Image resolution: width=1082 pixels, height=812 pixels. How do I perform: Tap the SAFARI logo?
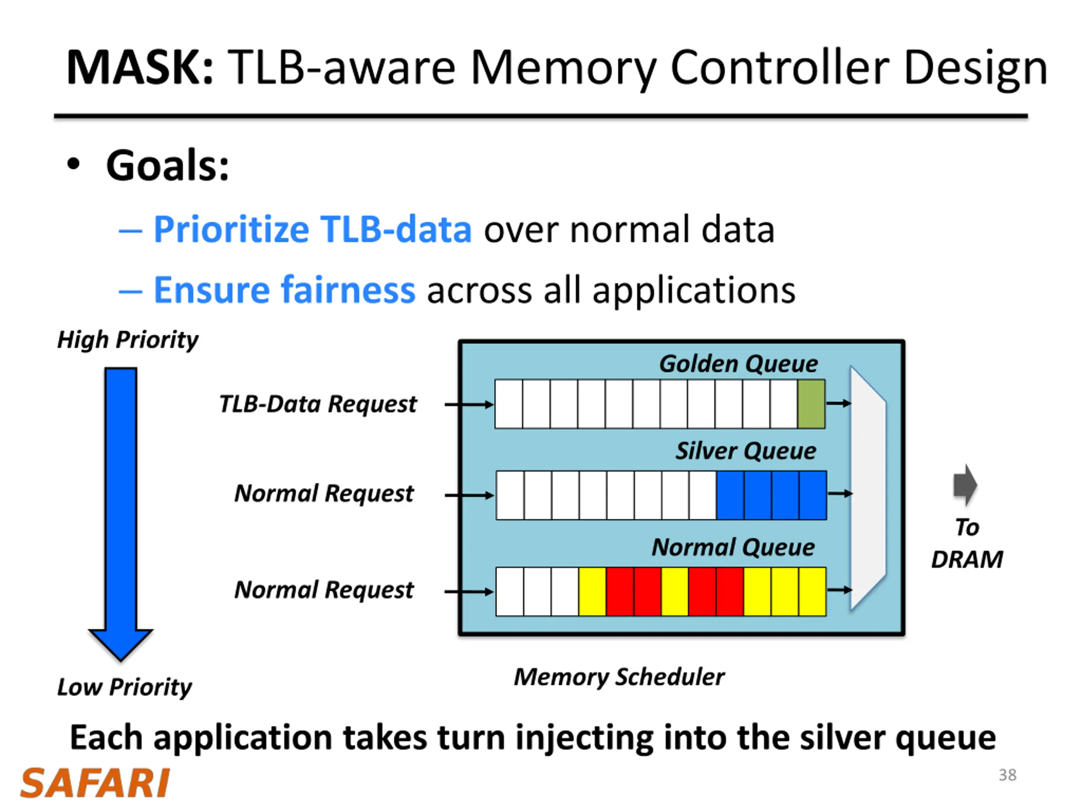(x=95, y=783)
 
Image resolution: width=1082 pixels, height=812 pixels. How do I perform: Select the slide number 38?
(x=1007, y=775)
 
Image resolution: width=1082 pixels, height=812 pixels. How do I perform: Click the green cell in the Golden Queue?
(x=811, y=404)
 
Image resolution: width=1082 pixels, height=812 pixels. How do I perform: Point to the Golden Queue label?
(x=738, y=364)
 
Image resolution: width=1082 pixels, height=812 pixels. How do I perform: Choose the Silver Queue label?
(x=746, y=451)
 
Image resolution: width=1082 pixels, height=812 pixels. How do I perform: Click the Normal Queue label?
(x=733, y=547)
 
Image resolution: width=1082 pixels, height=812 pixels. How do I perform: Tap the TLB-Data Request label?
(x=318, y=404)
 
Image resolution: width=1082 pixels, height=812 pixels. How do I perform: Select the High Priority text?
(x=128, y=340)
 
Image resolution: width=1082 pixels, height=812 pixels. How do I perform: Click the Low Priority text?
(x=124, y=687)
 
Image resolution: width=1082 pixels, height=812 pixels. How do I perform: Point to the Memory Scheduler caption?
(x=619, y=677)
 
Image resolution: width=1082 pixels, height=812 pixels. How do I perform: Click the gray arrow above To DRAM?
(x=965, y=485)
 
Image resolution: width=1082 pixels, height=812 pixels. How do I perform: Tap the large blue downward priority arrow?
(x=120, y=514)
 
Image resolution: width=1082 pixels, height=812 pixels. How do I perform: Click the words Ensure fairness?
(x=284, y=290)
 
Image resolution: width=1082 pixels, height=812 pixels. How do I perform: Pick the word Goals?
(x=167, y=165)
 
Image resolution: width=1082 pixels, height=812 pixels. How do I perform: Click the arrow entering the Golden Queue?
(x=469, y=404)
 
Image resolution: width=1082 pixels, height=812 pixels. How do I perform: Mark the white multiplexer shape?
(x=868, y=488)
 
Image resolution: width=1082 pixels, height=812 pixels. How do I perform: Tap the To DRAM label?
(x=967, y=543)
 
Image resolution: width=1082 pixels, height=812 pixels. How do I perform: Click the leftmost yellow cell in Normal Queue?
(x=593, y=591)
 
